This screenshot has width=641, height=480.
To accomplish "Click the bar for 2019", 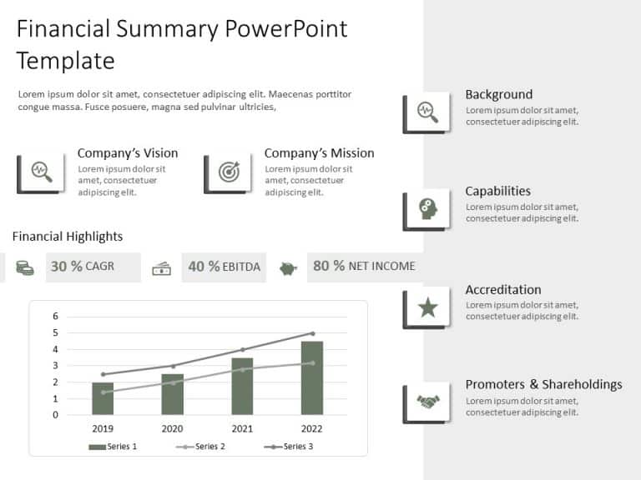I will (103, 398).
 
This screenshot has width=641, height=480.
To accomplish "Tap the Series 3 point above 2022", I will (312, 333).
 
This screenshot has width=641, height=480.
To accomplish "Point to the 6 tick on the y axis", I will (56, 316).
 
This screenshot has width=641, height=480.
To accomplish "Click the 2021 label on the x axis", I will (242, 428).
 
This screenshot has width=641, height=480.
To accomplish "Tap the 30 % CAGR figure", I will (82, 267).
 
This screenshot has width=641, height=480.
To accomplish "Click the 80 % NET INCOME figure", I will (363, 267).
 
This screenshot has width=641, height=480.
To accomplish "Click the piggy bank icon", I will (288, 268).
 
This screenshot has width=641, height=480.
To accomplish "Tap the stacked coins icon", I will (25, 268).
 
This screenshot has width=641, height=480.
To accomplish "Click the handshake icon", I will (428, 402).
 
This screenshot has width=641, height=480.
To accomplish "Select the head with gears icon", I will (428, 209).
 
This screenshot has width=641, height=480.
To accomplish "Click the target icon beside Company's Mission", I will (229, 172).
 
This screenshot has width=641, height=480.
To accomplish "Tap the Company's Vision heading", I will (128, 153).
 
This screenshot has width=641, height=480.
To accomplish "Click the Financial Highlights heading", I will (68, 237).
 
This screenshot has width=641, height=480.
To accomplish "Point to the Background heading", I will (498, 94).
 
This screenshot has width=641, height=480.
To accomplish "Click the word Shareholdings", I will (582, 384).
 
